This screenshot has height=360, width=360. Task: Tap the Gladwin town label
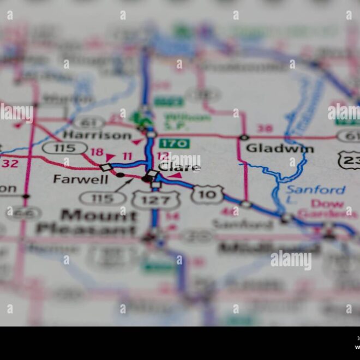[x=279, y=148]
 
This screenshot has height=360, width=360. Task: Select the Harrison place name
[x=97, y=135]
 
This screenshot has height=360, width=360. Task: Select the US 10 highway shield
[x=207, y=194]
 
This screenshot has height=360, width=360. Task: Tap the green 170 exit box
[x=175, y=144]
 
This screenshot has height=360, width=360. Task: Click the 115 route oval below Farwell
[x=102, y=197]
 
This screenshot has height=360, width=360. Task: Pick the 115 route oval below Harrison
[x=64, y=148]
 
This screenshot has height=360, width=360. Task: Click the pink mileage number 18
[x=97, y=152]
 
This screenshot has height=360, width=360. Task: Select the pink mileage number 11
[x=127, y=157]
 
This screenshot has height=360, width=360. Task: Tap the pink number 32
[x=9, y=163]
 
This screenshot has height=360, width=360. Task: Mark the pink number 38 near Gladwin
[x=265, y=129]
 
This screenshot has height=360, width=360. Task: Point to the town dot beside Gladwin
[x=244, y=137]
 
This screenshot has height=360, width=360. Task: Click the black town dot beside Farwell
[x=120, y=175]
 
